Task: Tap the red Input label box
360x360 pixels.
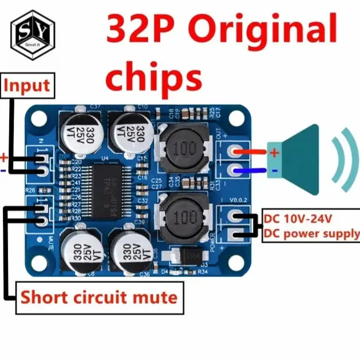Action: coord(27,86)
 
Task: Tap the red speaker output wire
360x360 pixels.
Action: coord(251,153)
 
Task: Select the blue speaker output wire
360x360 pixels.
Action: coord(251,170)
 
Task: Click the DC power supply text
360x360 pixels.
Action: coord(311,234)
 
